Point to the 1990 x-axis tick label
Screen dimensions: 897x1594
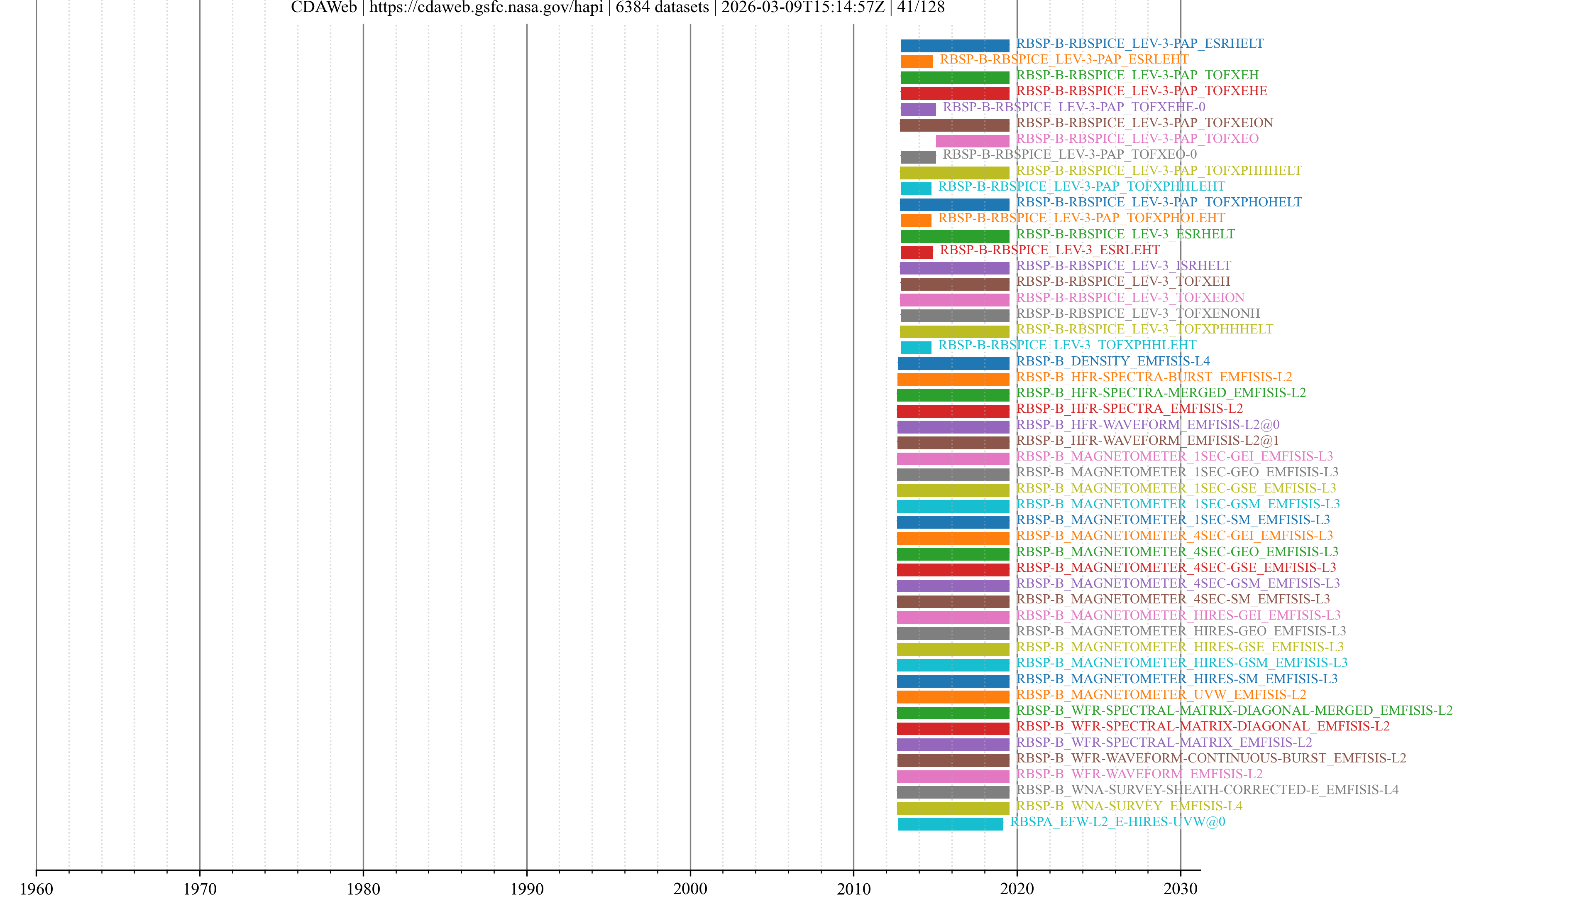point(527,888)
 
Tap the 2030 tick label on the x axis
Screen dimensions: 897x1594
point(1180,888)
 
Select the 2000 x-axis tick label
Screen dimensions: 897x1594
point(690,888)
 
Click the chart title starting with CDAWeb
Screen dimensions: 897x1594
point(618,7)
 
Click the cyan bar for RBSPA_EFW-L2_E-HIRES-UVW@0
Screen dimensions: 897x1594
point(951,823)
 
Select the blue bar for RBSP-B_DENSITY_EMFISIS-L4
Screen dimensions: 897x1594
point(953,363)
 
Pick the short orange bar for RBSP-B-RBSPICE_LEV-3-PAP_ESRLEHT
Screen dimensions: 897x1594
point(917,61)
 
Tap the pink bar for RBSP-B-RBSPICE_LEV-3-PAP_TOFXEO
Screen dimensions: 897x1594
point(972,140)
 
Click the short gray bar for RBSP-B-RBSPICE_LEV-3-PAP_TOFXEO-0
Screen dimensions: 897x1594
point(918,157)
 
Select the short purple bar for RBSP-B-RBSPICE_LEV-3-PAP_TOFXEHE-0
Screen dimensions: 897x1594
point(918,109)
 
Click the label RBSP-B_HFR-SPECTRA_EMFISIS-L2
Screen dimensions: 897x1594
point(1129,409)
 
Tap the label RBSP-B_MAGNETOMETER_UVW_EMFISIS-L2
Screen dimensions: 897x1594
point(1161,695)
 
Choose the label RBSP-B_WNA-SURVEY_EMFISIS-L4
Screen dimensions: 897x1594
point(1129,805)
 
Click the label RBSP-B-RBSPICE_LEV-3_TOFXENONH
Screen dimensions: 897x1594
point(1138,313)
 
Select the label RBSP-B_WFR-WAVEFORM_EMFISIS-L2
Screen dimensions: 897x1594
point(1139,774)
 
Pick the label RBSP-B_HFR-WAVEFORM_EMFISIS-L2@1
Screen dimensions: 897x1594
point(1147,440)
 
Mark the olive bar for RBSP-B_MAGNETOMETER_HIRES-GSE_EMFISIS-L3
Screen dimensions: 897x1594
point(953,649)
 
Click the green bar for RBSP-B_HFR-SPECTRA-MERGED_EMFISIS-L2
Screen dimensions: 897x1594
point(953,395)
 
